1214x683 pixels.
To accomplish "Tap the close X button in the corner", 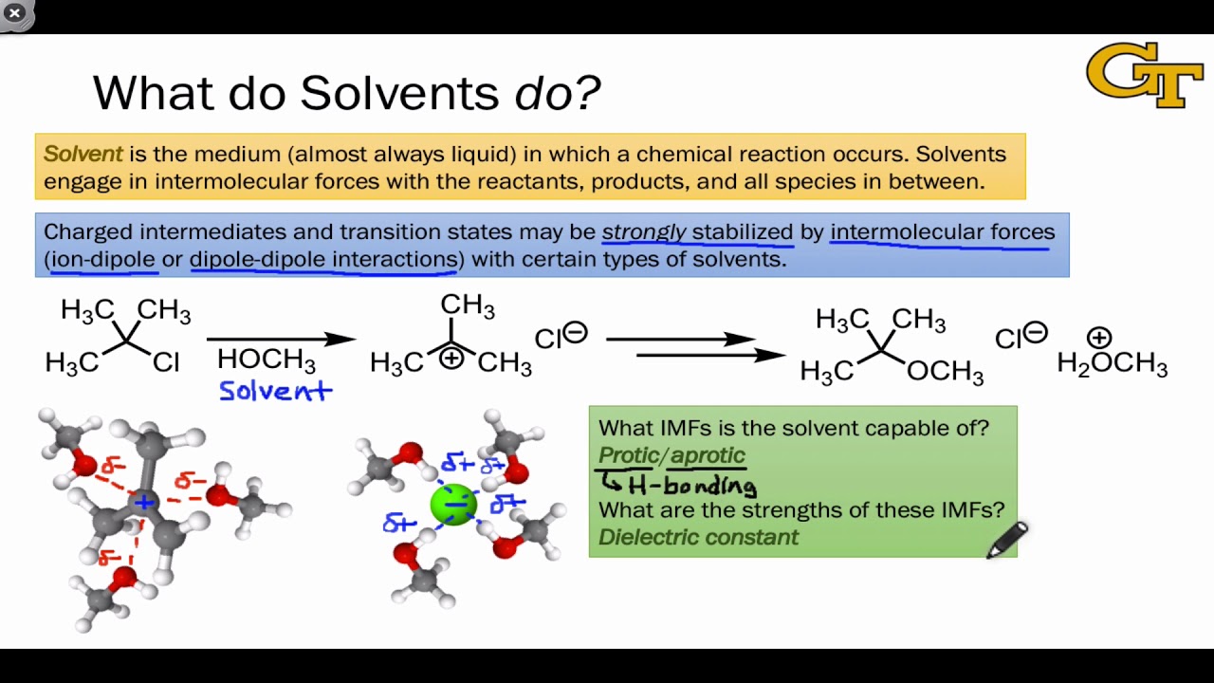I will click(14, 13).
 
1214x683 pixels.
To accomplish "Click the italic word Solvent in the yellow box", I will click(83, 155).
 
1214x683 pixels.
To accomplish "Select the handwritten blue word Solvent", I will click(275, 390).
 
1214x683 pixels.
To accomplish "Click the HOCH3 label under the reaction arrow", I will click(266, 360).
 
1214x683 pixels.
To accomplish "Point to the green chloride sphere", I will click(454, 504).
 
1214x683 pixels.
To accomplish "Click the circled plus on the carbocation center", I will click(451, 358).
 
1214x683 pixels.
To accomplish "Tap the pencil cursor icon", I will click(1006, 540).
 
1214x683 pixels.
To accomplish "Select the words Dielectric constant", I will click(698, 537).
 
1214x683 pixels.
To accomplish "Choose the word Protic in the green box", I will click(629, 455).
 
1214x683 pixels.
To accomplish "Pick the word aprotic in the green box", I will click(708, 455).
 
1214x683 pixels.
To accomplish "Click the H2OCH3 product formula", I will click(1112, 363).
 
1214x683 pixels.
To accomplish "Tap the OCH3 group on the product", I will click(945, 371).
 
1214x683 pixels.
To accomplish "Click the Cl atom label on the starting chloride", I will click(165, 363).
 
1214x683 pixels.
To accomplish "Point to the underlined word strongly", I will click(644, 231).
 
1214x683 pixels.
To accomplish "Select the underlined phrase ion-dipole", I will click(103, 259).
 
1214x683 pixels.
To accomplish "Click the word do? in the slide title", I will click(558, 93).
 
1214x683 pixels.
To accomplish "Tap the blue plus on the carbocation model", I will click(143, 501).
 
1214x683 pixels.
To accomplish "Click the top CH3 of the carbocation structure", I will click(467, 305).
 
